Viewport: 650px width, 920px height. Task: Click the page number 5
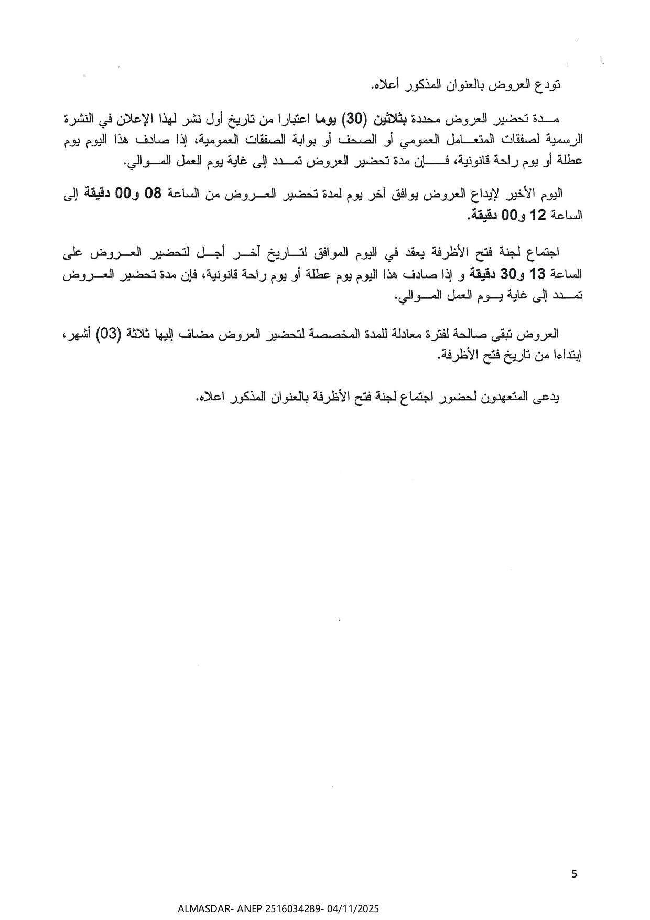[x=574, y=873]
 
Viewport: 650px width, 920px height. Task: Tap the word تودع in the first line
[x=550, y=84]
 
